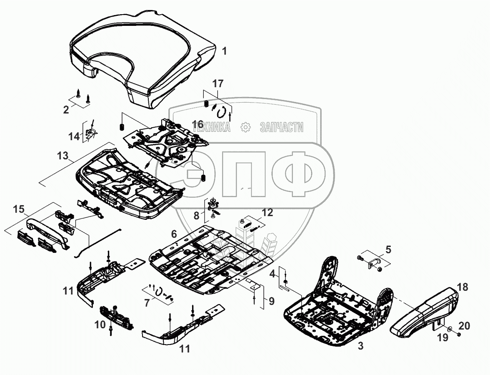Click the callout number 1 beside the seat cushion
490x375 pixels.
coord(225,52)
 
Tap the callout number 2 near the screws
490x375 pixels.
coord(66,110)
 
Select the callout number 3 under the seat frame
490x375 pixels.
coord(360,346)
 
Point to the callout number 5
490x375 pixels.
coord(388,250)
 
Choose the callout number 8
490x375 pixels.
coord(197,216)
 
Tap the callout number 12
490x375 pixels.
coord(267,213)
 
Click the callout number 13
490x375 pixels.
coord(62,156)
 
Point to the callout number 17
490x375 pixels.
coord(218,83)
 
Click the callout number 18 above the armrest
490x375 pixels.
coord(462,287)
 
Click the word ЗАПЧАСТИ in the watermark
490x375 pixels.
coord(281,128)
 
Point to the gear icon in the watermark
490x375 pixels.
coord(245,127)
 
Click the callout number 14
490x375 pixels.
coord(74,136)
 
